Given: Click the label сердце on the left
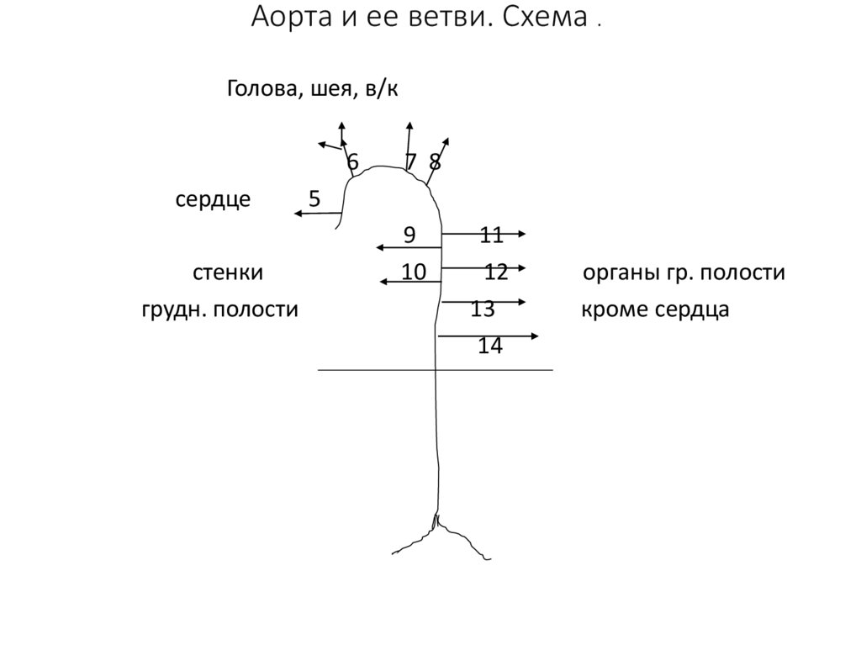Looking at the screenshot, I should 213,200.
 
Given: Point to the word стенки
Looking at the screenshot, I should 229,272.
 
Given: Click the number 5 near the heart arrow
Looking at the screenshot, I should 314,199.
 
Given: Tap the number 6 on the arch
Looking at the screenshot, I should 352,161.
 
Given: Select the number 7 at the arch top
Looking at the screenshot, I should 411,161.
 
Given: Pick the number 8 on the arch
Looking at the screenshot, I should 435,161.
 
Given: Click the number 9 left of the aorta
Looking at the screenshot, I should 409,235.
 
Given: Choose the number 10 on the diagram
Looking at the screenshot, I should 414,272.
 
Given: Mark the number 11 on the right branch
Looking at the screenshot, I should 491,235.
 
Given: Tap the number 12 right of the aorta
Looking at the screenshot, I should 496,272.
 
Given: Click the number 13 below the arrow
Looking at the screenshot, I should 483,309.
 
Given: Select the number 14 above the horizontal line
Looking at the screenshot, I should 490,345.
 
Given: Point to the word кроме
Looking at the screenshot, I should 608,309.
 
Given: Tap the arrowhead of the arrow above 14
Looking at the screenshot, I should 534,336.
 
